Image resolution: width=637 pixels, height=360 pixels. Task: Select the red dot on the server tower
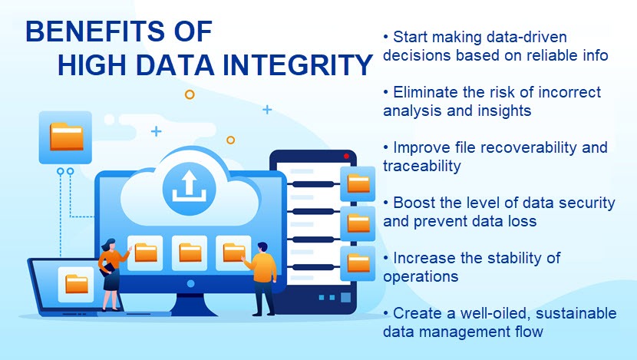346,156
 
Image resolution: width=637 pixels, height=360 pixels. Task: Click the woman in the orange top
113,275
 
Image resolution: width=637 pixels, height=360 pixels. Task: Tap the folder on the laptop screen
77,283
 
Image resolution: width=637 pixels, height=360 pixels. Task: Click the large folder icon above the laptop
66,137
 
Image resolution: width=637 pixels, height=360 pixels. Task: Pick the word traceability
421,167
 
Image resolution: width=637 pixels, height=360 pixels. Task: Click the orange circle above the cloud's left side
190,94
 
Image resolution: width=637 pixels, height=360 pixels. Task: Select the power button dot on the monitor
190,283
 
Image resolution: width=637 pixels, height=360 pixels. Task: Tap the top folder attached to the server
358,183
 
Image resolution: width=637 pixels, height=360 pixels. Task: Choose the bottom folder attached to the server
358,263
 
